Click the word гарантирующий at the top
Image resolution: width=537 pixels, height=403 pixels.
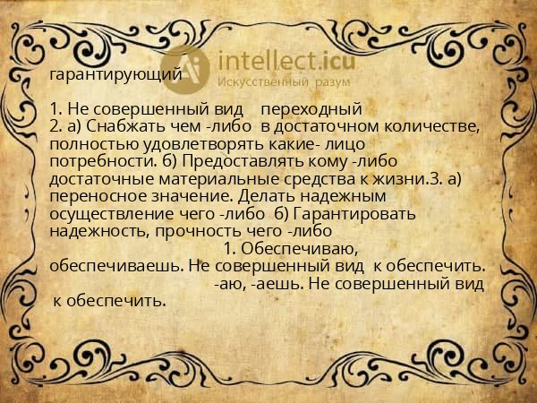116,75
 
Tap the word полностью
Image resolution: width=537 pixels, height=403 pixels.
89,143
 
